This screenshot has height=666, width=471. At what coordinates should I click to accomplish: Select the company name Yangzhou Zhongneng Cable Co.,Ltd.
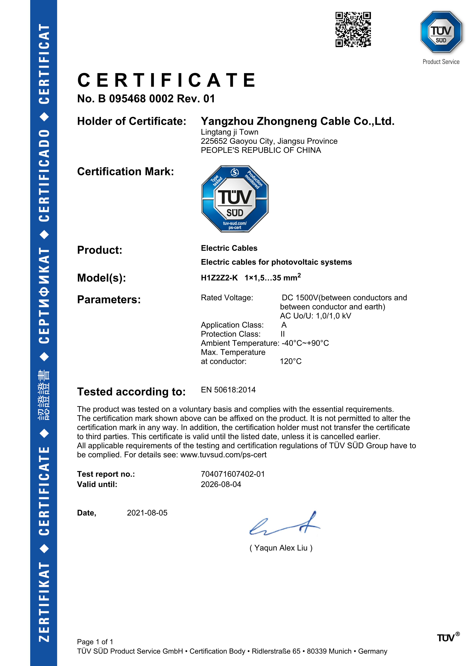coord(298,121)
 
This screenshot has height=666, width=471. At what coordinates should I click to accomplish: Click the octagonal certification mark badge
coord(235,199)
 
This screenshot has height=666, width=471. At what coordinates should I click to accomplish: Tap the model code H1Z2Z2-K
coord(219,278)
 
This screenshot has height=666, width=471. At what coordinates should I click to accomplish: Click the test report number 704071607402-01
coord(233,474)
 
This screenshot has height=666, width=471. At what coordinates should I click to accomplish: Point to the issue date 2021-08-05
coord(147,513)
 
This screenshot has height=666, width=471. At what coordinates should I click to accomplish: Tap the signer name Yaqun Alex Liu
coord(281,548)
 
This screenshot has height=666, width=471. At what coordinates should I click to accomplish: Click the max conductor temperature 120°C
coord(291,361)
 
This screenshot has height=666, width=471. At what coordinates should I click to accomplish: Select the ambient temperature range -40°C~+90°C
coord(305,343)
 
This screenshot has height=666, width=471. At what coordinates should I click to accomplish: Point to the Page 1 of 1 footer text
coord(95,642)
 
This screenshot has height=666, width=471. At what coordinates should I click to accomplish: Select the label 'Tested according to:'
coord(131,392)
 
